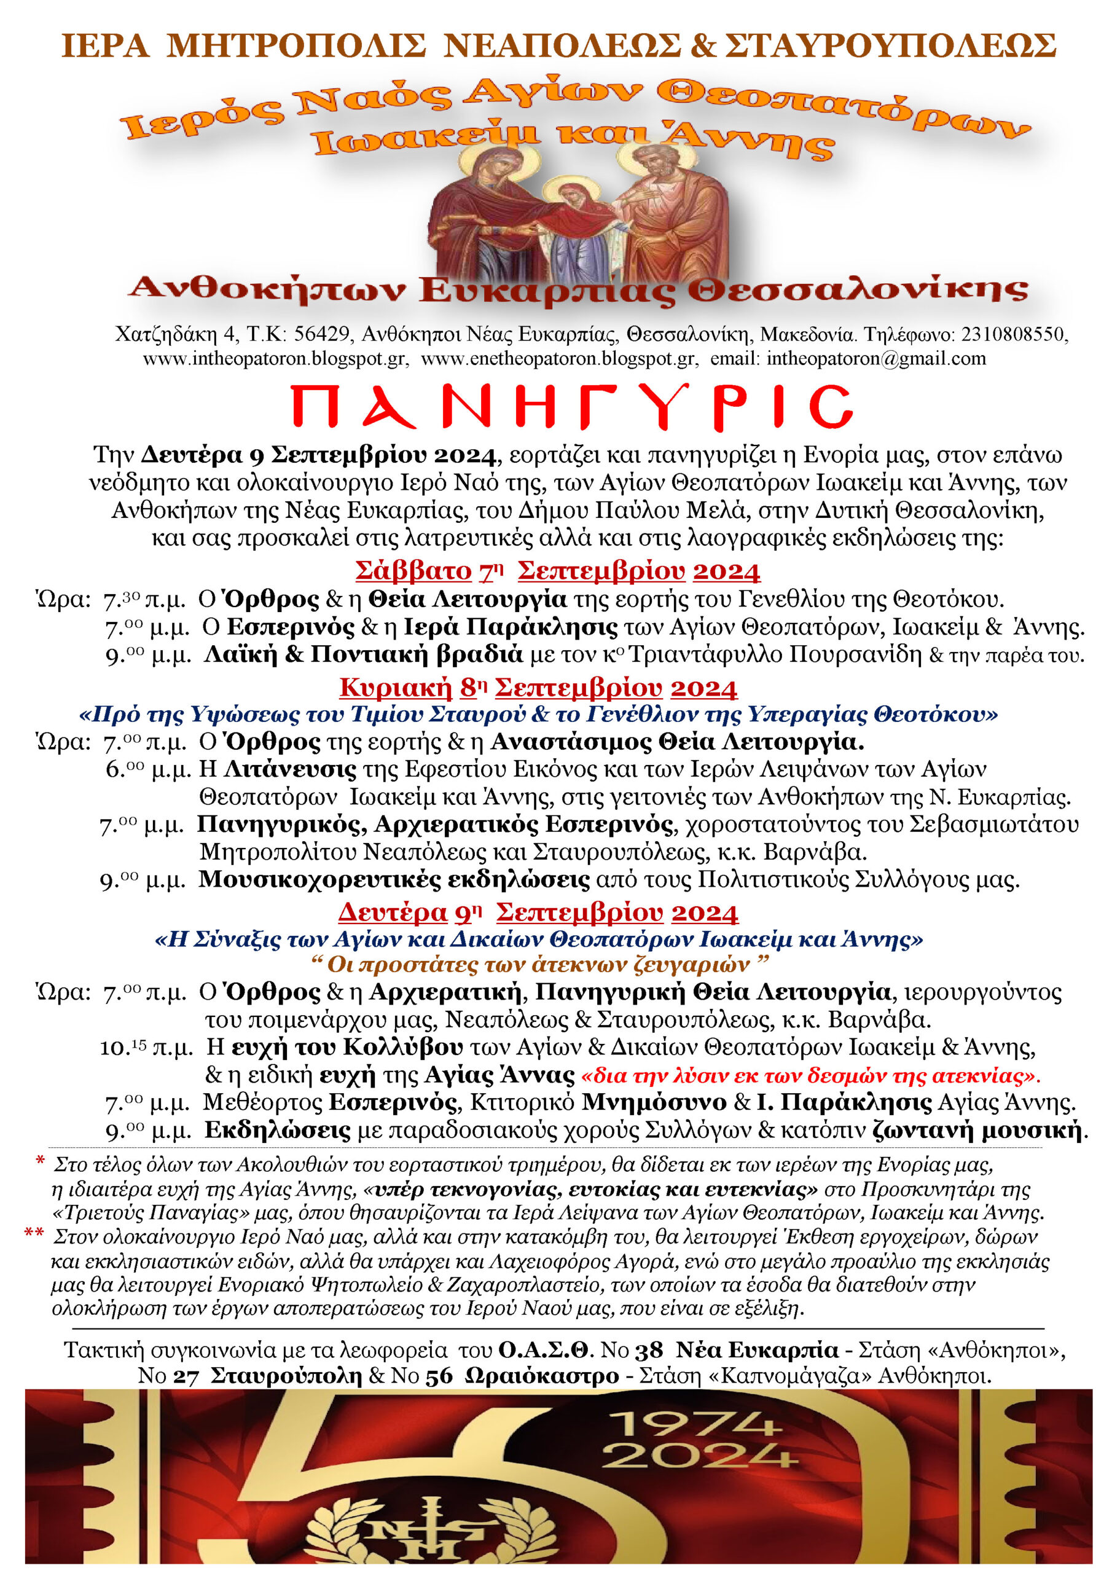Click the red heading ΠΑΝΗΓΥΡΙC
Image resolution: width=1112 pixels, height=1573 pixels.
click(572, 409)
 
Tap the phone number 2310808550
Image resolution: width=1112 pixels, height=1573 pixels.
click(1013, 334)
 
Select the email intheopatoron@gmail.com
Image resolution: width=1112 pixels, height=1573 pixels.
click(876, 358)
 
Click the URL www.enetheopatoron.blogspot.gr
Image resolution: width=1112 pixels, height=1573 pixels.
click(559, 358)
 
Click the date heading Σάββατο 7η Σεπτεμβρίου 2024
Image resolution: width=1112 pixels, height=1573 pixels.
click(557, 571)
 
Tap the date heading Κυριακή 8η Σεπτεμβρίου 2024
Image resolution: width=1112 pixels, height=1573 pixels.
click(538, 687)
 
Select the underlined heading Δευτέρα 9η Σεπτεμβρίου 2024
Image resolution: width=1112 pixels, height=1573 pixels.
click(538, 912)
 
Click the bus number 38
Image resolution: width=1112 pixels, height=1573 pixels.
click(649, 1350)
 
